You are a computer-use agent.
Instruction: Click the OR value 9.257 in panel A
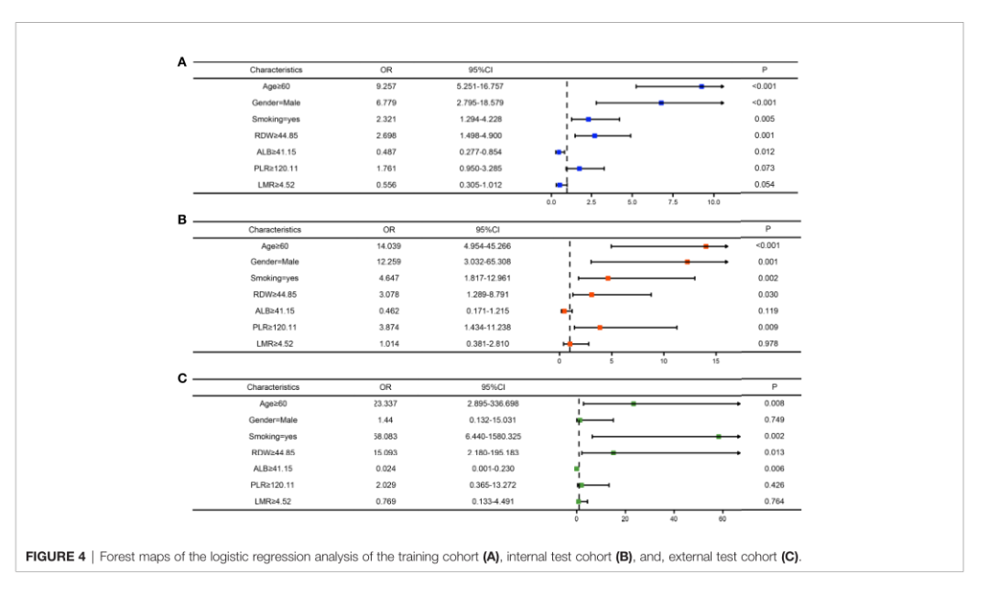[386, 86]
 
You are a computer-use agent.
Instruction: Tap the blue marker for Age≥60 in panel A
[701, 86]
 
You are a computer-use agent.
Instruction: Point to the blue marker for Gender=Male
[661, 103]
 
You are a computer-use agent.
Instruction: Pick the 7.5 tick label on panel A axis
[673, 200]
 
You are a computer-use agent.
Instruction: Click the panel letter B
[182, 221]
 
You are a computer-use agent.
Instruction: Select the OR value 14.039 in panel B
[388, 245]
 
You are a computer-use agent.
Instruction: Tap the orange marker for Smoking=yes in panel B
[608, 277]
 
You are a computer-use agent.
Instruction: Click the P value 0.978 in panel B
[768, 343]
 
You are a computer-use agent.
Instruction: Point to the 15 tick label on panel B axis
[715, 360]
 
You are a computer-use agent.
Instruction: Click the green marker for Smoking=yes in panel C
[719, 437]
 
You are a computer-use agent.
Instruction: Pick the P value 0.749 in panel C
[774, 419]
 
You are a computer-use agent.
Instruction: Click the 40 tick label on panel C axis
[674, 517]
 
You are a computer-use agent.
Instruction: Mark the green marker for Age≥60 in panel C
[633, 403]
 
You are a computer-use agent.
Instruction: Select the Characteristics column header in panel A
[276, 70]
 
